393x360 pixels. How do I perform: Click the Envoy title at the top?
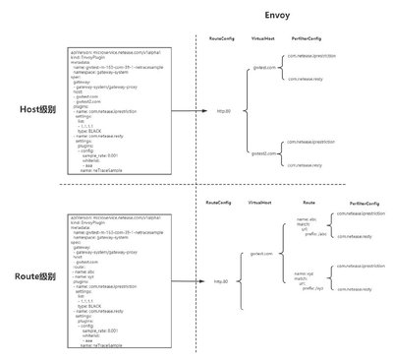tap(276, 17)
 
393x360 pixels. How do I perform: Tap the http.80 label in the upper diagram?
tap(223, 111)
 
